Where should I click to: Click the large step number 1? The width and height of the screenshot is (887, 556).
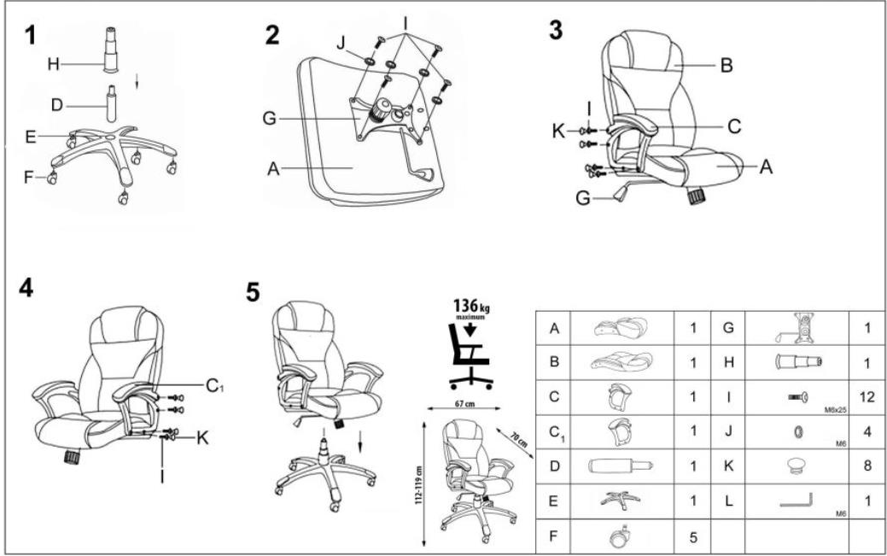(x=30, y=35)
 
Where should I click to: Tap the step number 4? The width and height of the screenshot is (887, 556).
(x=26, y=288)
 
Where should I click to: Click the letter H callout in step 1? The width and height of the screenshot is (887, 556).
(x=53, y=65)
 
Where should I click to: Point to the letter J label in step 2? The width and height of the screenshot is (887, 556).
(x=341, y=43)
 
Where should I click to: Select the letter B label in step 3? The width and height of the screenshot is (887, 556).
(x=727, y=66)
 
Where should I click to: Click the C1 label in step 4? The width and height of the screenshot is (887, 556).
(x=214, y=386)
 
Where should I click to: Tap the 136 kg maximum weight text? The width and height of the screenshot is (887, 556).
(x=470, y=308)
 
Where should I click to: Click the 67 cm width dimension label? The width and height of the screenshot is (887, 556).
(x=464, y=404)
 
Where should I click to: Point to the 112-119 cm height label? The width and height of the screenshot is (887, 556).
(x=418, y=486)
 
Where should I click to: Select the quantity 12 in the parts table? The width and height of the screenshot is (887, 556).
(x=867, y=397)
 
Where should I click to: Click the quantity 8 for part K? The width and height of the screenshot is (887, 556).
(x=867, y=466)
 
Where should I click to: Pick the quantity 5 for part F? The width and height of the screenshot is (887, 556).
(x=693, y=536)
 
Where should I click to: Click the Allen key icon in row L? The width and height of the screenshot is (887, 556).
(x=797, y=501)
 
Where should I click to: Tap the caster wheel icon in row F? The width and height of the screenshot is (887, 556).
(x=621, y=536)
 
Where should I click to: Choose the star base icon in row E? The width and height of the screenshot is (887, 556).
(x=621, y=500)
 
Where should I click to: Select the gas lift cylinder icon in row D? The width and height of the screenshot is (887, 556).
(x=621, y=466)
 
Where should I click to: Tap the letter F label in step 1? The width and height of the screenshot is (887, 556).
(x=28, y=178)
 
